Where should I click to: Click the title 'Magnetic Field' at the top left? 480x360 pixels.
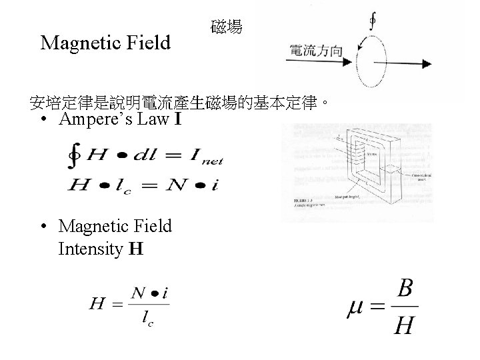click(105, 44)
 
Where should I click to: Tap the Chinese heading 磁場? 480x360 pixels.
click(227, 28)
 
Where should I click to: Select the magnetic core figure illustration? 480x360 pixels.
click(357, 170)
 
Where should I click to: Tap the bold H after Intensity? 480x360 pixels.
click(136, 249)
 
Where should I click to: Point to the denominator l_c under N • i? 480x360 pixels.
click(147, 320)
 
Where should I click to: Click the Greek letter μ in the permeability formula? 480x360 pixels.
click(357, 308)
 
